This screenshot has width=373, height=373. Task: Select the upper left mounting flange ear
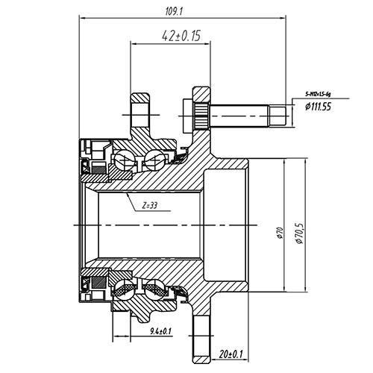click(139, 112)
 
